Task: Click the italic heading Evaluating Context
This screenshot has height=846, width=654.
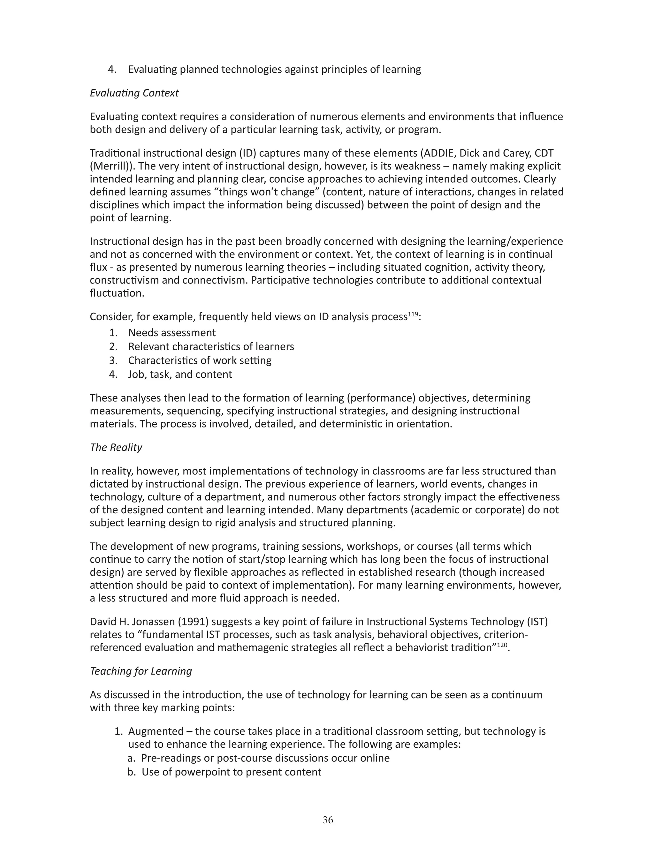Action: click(134, 93)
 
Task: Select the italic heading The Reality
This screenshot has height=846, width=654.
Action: click(116, 447)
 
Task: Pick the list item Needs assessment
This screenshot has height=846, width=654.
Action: click(171, 332)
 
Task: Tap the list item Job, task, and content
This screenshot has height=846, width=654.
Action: click(180, 374)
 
